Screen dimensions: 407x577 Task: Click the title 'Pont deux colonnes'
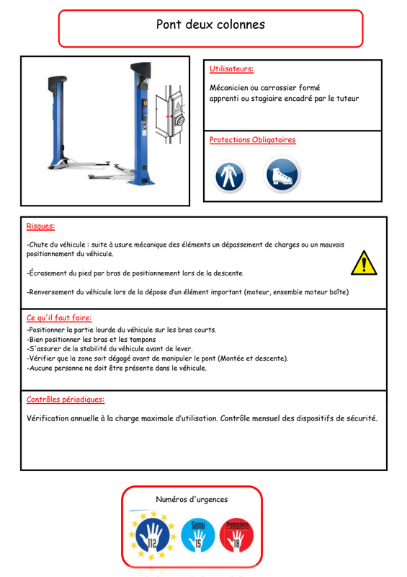coord(210,25)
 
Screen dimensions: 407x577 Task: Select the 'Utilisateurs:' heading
coord(231,69)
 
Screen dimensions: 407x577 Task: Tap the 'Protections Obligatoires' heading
coord(252,140)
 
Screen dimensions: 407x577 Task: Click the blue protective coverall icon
coord(229,177)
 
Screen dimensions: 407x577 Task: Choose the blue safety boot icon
coord(282,175)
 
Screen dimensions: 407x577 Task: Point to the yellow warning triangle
coord(364,263)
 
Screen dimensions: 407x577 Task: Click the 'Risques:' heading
coord(40,226)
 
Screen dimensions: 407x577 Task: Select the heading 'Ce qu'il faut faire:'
coord(59,317)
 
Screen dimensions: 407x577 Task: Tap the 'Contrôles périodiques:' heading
coord(66,400)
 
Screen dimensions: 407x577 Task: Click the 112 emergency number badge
coord(152,535)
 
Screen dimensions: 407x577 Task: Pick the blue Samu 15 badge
coord(198,535)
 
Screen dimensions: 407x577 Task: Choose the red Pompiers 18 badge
coord(237,535)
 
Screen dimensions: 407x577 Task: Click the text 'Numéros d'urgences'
coord(192,499)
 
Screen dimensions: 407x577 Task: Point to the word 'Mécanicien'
coord(228,87)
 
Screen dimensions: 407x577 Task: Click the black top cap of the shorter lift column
coord(58,83)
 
